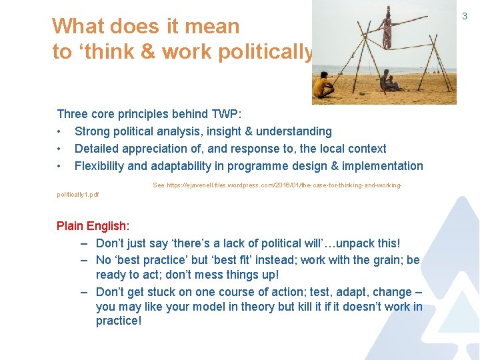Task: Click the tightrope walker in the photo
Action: (387, 27)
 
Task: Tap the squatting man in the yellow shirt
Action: (323, 87)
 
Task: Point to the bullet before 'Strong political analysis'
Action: (60, 131)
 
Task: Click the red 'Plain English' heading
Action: (92, 226)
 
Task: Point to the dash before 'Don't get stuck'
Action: (85, 292)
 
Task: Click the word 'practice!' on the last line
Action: (119, 321)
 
